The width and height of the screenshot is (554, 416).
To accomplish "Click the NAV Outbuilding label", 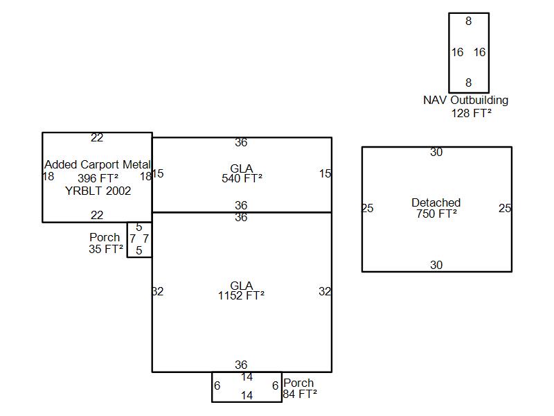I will pos(465,100).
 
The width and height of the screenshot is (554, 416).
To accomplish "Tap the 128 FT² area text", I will pos(471,113).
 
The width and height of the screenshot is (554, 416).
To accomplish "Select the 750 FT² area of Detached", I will pos(436,214).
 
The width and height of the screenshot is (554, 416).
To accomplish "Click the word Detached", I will pos(436,202).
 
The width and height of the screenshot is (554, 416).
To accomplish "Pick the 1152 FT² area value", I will pos(241,296).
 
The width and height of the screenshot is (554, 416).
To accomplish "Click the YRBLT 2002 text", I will pos(98,191).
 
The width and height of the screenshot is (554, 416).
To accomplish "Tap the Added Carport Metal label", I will pos(98,164).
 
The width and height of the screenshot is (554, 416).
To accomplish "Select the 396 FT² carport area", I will pos(98,178).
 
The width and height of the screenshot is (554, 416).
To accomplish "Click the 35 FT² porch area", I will pos(106,250).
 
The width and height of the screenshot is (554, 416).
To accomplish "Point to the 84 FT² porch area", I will pos(300,395).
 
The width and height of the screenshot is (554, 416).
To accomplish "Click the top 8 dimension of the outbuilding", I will pos(469,21).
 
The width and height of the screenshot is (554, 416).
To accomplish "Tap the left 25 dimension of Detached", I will pos(368,208).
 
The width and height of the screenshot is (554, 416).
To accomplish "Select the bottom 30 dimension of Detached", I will pos(436,265).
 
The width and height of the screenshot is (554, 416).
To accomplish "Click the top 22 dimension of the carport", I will pos(97,138).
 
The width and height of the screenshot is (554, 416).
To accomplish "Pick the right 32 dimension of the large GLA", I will pos(325,291).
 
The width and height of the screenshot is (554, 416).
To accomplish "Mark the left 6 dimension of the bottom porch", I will pos(217,385).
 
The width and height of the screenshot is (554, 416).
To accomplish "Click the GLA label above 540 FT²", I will pos(241,168).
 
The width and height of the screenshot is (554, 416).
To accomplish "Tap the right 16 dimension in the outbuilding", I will pos(480,52).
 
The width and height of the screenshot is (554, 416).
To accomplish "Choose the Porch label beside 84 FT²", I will pos(298,383).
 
